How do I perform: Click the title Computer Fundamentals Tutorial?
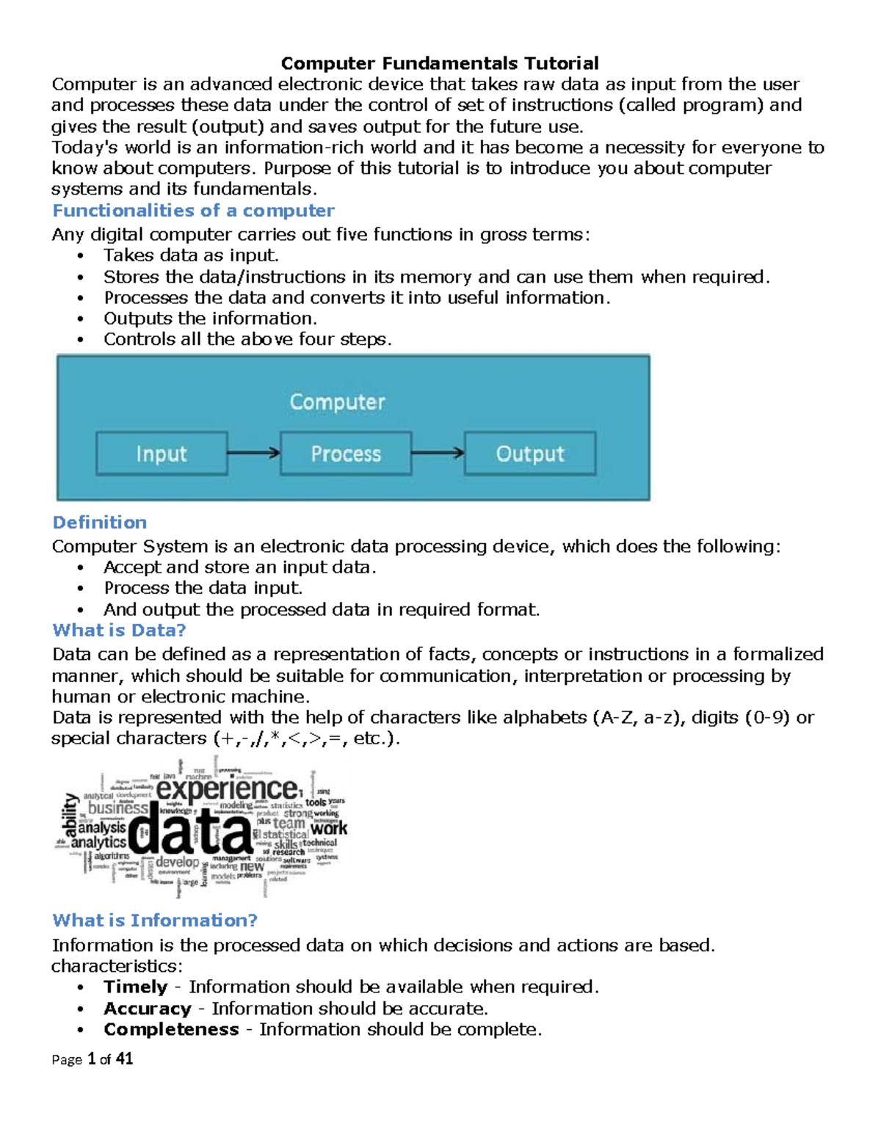pyautogui.click(x=440, y=63)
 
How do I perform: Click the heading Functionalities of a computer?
pyautogui.click(x=193, y=211)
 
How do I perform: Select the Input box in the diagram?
pyautogui.click(x=162, y=454)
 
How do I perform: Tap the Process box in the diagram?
pyautogui.click(x=346, y=454)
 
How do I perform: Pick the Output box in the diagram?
pyautogui.click(x=530, y=454)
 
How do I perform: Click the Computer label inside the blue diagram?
pyautogui.click(x=337, y=402)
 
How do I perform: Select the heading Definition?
pyautogui.click(x=100, y=523)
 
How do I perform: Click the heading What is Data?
pyautogui.click(x=119, y=631)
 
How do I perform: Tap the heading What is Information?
pyautogui.click(x=155, y=921)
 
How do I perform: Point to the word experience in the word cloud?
pyautogui.click(x=228, y=789)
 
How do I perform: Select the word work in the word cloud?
pyautogui.click(x=328, y=828)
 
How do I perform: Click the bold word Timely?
pyautogui.click(x=136, y=987)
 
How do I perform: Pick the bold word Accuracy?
pyautogui.click(x=148, y=1009)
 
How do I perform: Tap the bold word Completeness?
pyautogui.click(x=171, y=1030)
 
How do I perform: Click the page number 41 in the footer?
pyautogui.click(x=125, y=1059)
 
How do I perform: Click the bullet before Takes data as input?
pyautogui.click(x=81, y=256)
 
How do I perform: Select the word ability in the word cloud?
pyautogui.click(x=70, y=815)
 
